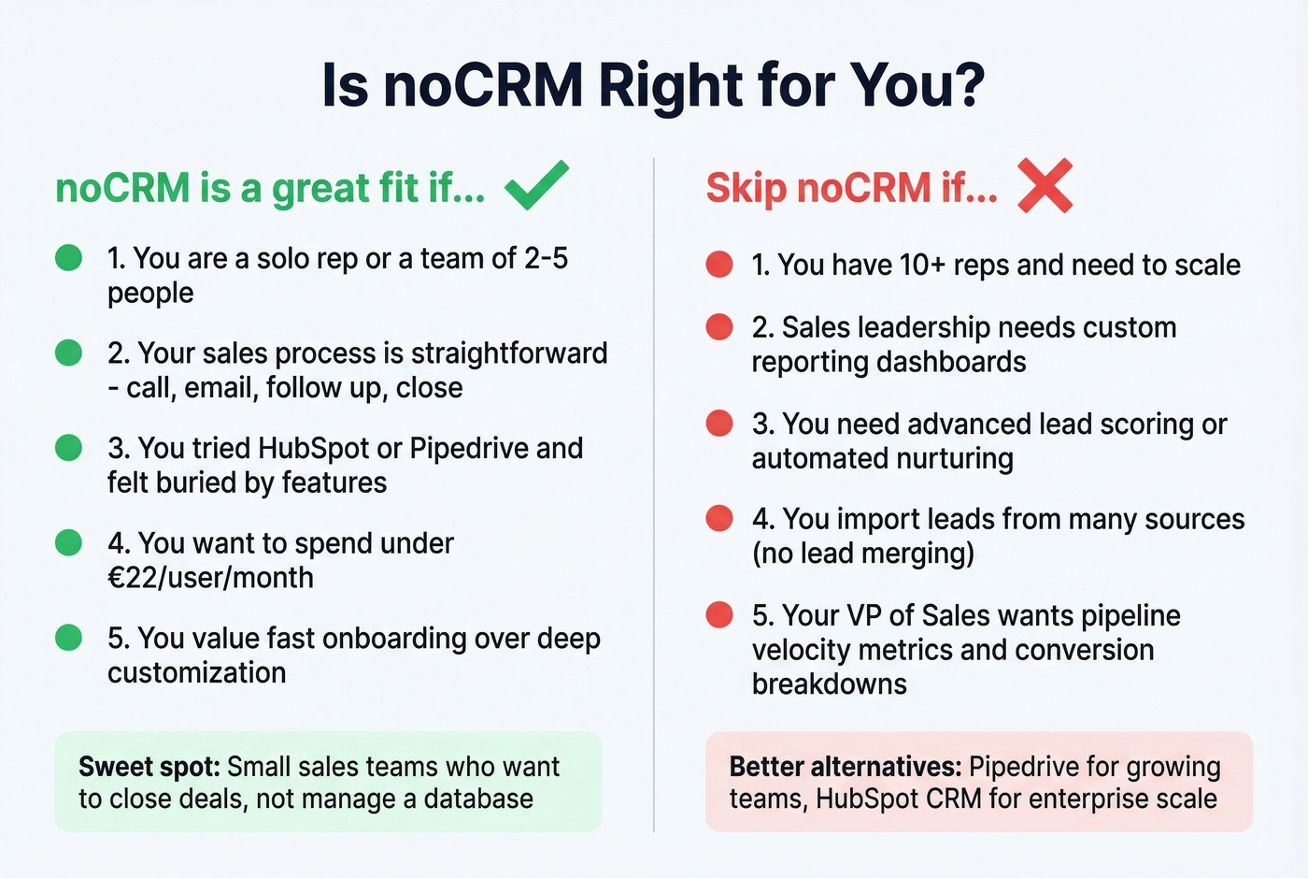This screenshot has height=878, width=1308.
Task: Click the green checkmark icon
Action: (x=536, y=185)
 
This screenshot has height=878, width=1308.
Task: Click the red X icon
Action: (x=1045, y=185)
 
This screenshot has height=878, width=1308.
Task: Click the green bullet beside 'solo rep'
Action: (x=69, y=258)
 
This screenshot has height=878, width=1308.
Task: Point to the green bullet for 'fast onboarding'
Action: (x=69, y=638)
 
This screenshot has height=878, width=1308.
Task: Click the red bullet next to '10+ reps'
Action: (x=718, y=265)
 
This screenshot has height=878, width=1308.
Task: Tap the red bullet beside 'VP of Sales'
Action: (x=718, y=615)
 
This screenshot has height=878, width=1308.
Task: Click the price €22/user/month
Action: (x=210, y=578)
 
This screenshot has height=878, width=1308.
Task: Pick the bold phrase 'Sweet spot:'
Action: (x=149, y=767)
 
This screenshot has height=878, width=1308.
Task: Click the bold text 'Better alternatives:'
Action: (x=845, y=767)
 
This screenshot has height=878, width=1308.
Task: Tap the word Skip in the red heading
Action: (x=746, y=188)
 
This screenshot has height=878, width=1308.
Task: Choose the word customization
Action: (x=196, y=672)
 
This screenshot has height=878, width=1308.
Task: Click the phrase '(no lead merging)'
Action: (x=862, y=554)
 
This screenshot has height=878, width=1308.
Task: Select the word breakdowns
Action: (x=829, y=684)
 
